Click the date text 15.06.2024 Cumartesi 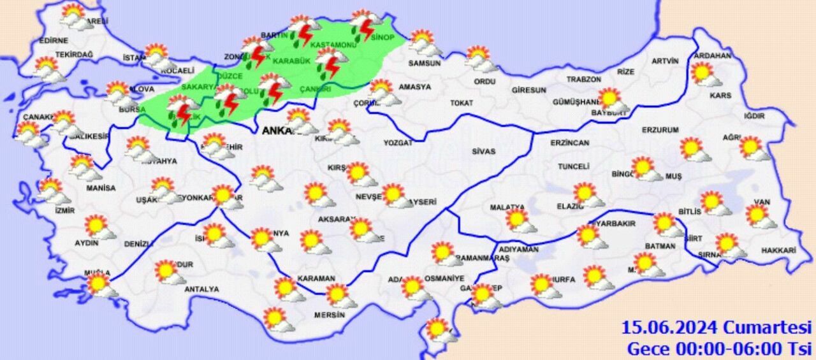(x=717, y=328)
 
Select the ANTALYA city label (x=201, y=289)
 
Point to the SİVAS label (x=484, y=152)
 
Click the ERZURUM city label (x=660, y=130)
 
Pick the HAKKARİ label (x=778, y=251)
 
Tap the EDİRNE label (x=53, y=40)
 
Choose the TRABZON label (x=584, y=79)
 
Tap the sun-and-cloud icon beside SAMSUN (x=424, y=43)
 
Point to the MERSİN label (x=330, y=315)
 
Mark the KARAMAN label (x=316, y=278)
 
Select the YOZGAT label (x=398, y=143)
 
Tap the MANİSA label (x=101, y=188)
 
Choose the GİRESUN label (x=528, y=90)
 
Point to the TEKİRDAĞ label (x=74, y=55)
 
